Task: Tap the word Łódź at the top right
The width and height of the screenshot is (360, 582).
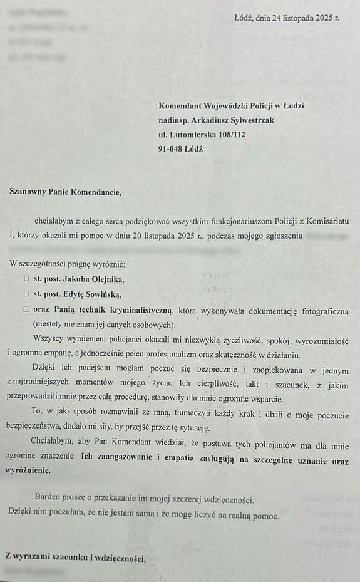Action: click(x=242, y=18)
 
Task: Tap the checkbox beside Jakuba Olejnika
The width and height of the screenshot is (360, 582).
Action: click(x=26, y=279)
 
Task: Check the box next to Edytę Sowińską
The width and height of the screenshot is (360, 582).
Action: click(x=26, y=294)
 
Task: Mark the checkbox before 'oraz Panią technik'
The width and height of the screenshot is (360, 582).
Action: click(x=26, y=309)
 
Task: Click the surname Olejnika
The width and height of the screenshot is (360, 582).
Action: click(x=105, y=279)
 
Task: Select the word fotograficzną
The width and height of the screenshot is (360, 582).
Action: click(x=320, y=310)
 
